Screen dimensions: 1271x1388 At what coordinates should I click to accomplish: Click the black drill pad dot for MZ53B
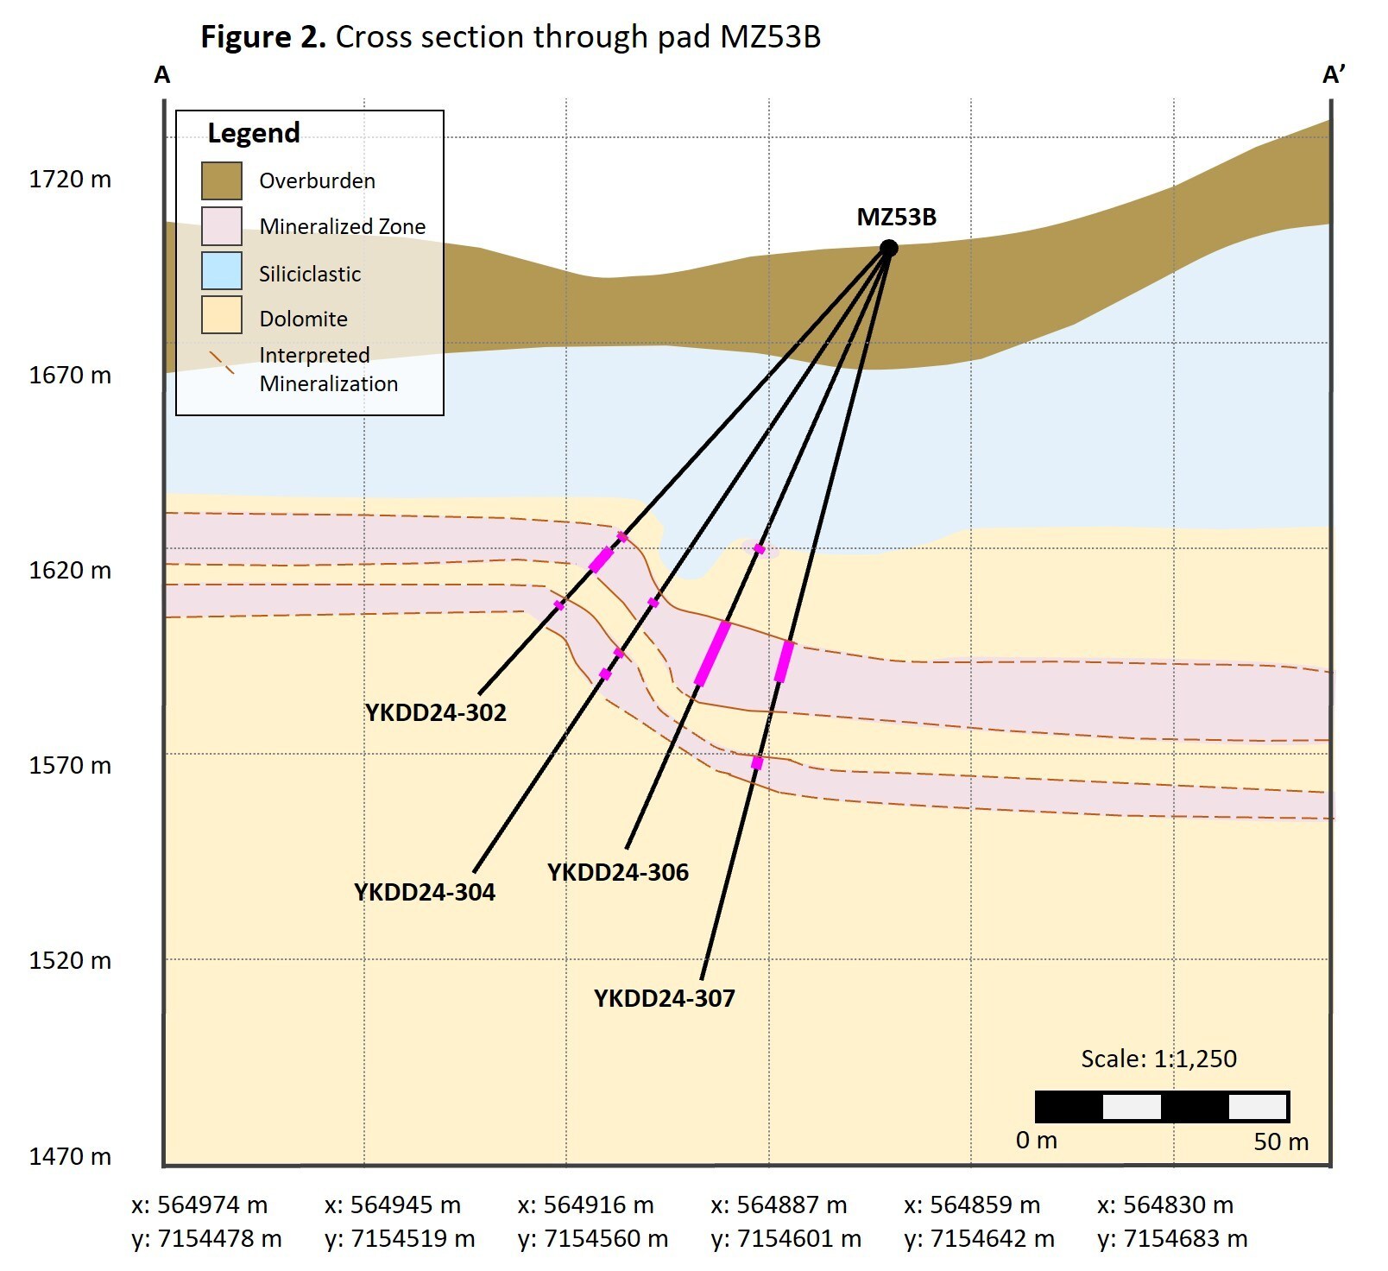tap(888, 249)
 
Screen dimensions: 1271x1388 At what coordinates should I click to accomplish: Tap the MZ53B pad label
tap(896, 217)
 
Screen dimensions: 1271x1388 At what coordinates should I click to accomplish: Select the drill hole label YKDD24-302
tap(435, 713)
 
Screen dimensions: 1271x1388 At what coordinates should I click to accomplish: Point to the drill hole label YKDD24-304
tap(424, 892)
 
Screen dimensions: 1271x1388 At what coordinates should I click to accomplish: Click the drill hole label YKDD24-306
tap(618, 872)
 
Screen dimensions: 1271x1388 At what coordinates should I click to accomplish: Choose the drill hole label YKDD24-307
tap(664, 998)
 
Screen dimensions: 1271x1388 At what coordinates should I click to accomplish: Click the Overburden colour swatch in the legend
tap(222, 180)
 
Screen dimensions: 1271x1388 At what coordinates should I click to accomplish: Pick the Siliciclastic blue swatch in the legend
tap(222, 271)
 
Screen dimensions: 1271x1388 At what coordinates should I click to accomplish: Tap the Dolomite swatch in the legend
tap(222, 315)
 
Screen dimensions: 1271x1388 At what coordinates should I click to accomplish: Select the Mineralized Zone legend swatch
tap(222, 226)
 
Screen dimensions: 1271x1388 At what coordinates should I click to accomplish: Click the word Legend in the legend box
tap(254, 133)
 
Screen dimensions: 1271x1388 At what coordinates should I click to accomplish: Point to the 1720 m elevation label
tap(70, 180)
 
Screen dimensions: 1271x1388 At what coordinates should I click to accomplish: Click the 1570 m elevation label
tap(70, 765)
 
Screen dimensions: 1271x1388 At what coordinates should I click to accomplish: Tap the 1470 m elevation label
tap(70, 1156)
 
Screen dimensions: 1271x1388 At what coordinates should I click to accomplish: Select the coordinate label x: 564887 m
tap(779, 1205)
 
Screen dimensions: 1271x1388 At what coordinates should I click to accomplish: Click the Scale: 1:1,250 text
tap(1158, 1059)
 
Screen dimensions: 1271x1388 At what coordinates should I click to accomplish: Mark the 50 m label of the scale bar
tap(1281, 1141)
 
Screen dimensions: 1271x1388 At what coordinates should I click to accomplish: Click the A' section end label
tap(1334, 75)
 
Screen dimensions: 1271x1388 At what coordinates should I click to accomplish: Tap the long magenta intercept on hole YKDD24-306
tap(712, 654)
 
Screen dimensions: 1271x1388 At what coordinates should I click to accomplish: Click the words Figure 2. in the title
tap(262, 37)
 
